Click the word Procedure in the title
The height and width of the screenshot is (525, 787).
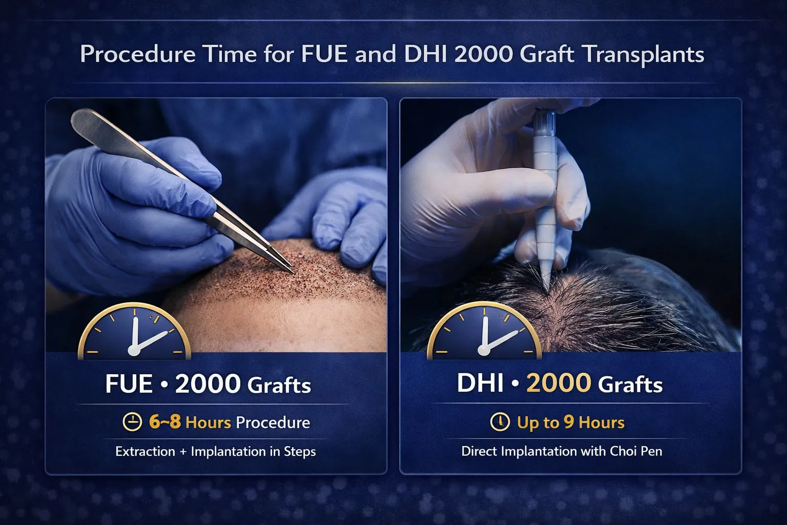click(x=137, y=54)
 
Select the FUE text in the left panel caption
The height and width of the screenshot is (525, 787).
click(x=129, y=384)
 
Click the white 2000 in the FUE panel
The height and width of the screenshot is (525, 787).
click(x=208, y=384)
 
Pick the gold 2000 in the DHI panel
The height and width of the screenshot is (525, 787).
click(x=558, y=383)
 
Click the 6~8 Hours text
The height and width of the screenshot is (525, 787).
click(x=190, y=422)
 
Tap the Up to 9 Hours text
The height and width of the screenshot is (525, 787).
click(x=571, y=422)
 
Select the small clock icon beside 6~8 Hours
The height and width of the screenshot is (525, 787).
click(x=132, y=422)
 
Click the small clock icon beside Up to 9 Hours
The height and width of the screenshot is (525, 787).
click(x=500, y=422)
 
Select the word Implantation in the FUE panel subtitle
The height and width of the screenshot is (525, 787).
click(x=228, y=451)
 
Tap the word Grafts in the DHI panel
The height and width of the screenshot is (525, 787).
click(x=630, y=385)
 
